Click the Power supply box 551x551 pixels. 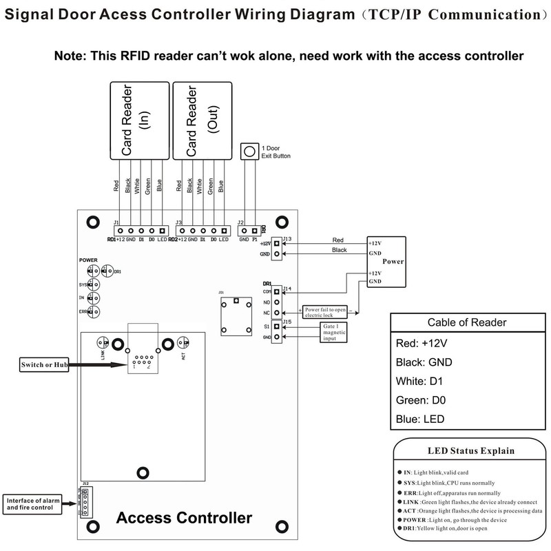click(x=386, y=262)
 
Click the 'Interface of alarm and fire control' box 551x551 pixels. click(x=32, y=502)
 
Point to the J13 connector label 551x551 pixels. click(x=287, y=238)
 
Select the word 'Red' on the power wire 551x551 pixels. click(x=337, y=240)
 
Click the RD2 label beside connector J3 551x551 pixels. click(x=173, y=239)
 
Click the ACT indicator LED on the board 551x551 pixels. click(x=183, y=342)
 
